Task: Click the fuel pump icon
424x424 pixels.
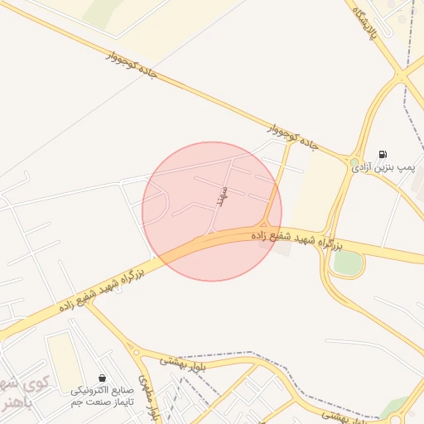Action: point(382,153)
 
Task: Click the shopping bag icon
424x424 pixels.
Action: point(101,378)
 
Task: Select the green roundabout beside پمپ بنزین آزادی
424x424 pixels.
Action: point(354,163)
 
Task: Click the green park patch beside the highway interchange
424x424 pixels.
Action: point(348,263)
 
